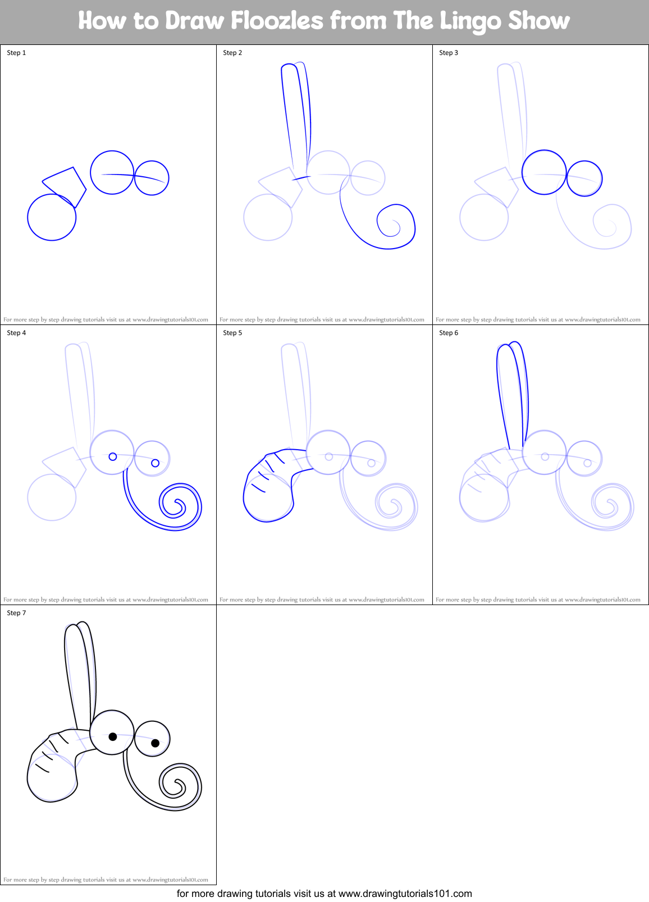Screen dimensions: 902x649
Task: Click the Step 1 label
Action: (16, 53)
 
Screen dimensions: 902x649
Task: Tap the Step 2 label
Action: (232, 53)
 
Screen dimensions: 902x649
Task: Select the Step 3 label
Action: (449, 53)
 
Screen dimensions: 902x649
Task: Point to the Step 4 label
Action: (16, 333)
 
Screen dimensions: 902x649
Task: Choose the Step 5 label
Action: (232, 333)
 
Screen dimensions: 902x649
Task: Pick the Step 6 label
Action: (449, 333)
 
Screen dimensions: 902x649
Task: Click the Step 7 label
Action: (16, 613)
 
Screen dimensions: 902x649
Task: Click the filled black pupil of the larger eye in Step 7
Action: (112, 736)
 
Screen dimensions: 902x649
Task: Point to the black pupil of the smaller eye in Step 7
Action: (155, 743)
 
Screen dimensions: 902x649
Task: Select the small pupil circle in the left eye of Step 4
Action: (112, 457)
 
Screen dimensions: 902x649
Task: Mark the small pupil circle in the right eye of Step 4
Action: (155, 463)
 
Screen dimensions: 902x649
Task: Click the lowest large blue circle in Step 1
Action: (52, 217)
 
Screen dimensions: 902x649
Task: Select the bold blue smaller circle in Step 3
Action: (584, 178)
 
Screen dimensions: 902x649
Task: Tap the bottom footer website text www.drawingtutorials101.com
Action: (405, 894)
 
